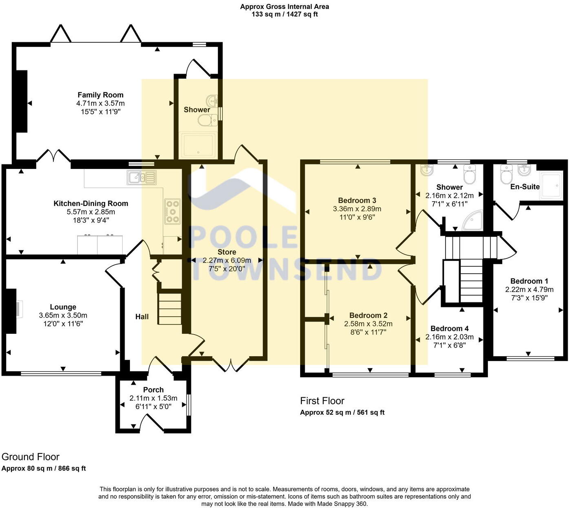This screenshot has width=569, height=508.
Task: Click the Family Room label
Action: pyautogui.click(x=100, y=95)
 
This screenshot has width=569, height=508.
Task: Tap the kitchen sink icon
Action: pyautogui.click(x=141, y=177)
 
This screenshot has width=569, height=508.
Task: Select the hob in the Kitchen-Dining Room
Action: pyautogui.click(x=172, y=211)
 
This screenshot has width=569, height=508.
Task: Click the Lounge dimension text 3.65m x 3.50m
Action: pyautogui.click(x=63, y=315)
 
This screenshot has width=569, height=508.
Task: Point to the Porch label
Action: pyautogui.click(x=153, y=390)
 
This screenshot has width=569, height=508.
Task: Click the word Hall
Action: pyautogui.click(x=142, y=317)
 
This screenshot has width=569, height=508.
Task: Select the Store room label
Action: pyautogui.click(x=227, y=252)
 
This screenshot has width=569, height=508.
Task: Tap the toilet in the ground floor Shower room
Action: pyautogui.click(x=208, y=120)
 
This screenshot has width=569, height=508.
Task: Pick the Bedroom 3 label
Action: pyautogui.click(x=357, y=200)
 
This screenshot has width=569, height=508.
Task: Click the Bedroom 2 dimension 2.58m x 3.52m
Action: pyautogui.click(x=368, y=324)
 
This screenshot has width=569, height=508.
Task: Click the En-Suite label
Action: pyautogui.click(x=525, y=187)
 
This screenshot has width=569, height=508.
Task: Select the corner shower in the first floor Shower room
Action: pyautogui.click(x=473, y=221)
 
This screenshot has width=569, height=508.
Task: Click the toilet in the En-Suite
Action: pyautogui.click(x=506, y=176)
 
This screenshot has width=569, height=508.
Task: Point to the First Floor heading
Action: pyautogui.click(x=322, y=401)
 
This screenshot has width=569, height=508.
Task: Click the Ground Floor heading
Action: pyautogui.click(x=31, y=457)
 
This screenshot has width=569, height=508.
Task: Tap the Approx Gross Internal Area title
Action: pyautogui.click(x=284, y=7)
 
